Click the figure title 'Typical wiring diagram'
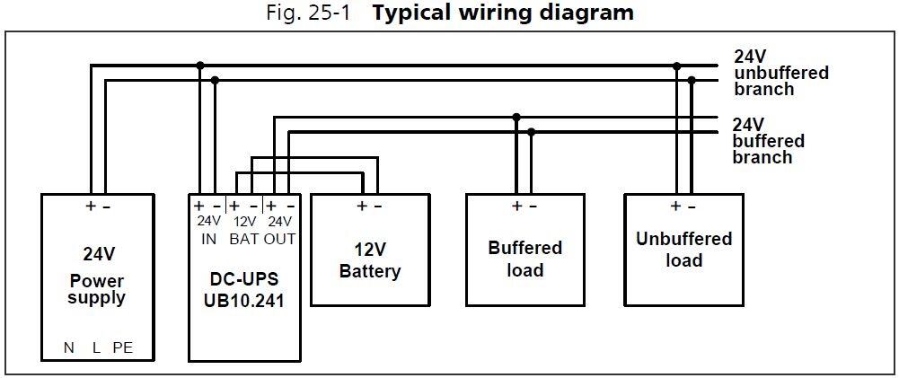point(503,13)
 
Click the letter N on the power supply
point(69,348)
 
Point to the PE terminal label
point(122,348)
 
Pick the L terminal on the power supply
point(96,348)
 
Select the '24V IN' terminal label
point(208,230)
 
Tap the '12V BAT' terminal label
point(243,230)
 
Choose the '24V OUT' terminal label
point(280,230)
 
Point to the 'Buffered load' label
point(524,259)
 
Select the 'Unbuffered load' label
point(683,250)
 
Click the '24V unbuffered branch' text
point(780,73)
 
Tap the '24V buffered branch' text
point(768,141)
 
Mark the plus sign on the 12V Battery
point(361,206)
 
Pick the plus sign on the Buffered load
point(516,206)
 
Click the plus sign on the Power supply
point(91,206)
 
